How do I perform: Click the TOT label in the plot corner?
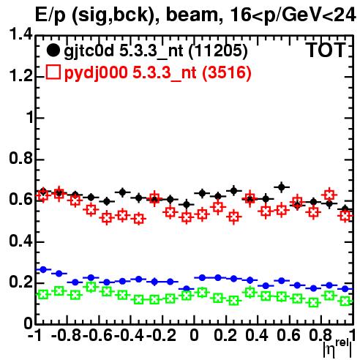pos(326,50)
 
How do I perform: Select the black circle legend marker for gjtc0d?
pos(53,50)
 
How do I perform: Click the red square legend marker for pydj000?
pos(53,72)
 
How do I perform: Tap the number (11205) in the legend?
pos(218,51)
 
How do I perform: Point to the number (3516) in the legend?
pos(227,72)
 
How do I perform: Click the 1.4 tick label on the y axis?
pos(20,34)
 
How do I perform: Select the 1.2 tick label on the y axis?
pos(20,76)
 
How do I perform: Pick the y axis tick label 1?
pos(30,118)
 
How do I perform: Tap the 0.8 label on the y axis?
pos(20,159)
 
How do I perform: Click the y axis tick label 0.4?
pos(20,241)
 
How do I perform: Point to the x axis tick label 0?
pos(194,335)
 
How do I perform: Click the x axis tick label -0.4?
pos(130,335)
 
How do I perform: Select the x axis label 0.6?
pos(289,335)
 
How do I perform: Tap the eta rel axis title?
pos(337,348)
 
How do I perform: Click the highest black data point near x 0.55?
pos(282,187)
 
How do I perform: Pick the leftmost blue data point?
pos(43,269)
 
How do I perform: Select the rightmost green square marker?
pos(345,301)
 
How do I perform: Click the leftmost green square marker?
pos(43,295)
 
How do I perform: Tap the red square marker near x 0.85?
pos(329,195)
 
